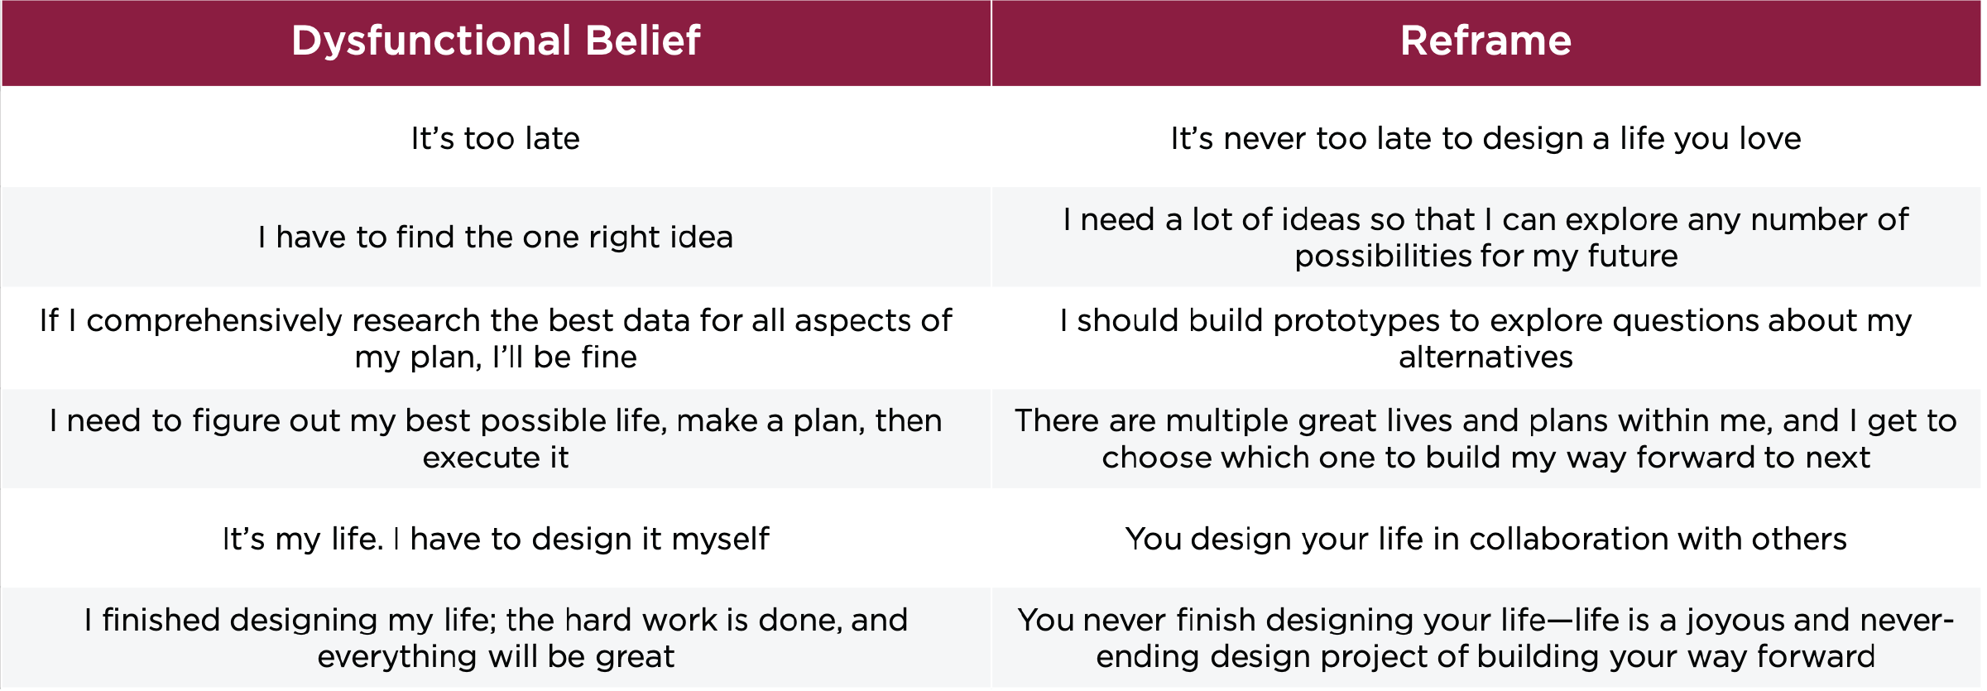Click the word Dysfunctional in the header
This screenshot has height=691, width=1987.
tap(431, 41)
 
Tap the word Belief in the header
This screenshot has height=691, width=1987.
tap(643, 41)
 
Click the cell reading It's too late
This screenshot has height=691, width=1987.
tap(496, 138)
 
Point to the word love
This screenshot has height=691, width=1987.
tap(1770, 138)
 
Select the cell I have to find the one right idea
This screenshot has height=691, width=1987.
tap(496, 238)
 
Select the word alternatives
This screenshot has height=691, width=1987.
tap(1485, 357)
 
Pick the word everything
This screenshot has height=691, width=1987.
tap(397, 657)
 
